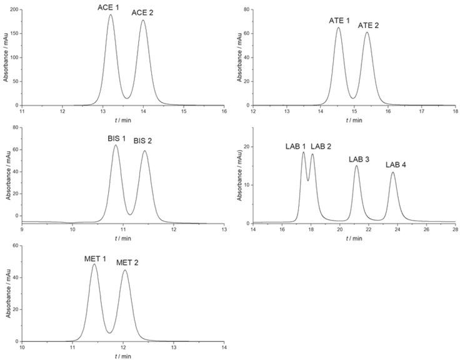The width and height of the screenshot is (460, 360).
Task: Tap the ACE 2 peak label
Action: click(x=143, y=12)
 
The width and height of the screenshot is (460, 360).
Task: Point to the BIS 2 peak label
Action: click(x=143, y=141)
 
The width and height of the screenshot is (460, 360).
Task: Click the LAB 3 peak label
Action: click(x=359, y=159)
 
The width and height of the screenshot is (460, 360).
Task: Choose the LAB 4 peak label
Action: click(x=396, y=164)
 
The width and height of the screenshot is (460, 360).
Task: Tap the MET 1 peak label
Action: click(x=96, y=257)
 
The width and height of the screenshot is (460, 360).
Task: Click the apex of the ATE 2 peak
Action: click(x=367, y=32)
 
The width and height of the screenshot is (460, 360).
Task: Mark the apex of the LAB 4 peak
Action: click(x=392, y=172)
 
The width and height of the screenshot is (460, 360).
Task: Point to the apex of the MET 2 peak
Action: click(x=125, y=270)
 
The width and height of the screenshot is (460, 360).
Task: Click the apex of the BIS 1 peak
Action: click(x=116, y=145)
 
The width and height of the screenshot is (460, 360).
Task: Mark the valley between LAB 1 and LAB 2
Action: click(x=307, y=181)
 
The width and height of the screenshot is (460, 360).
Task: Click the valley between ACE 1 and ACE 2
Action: click(x=127, y=98)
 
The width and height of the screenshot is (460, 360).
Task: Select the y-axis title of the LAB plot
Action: click(x=239, y=175)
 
